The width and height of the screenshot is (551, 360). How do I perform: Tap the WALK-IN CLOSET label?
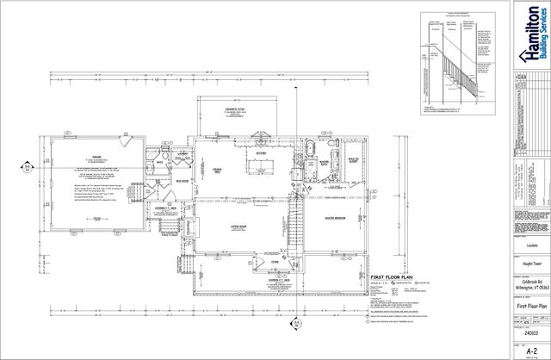353,160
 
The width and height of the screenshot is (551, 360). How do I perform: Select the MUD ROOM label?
182,181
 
